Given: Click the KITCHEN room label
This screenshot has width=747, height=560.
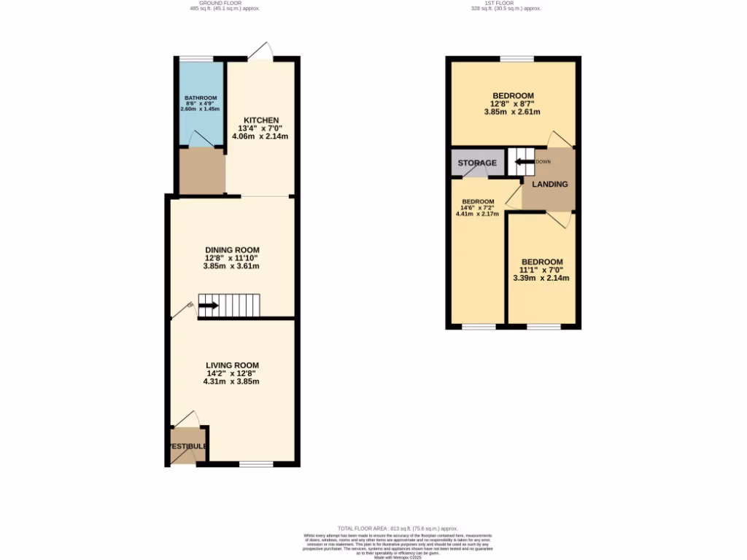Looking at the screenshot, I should point(260,120).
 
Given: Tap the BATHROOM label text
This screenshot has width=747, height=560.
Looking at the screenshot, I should point(201,98).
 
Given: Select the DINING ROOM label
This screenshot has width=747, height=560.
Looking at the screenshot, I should point(232,249).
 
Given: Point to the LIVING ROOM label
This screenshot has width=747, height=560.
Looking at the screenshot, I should point(232,365).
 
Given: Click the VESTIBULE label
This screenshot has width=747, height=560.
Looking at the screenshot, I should point(188,446).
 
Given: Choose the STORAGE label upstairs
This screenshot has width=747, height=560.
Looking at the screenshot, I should point(477,163).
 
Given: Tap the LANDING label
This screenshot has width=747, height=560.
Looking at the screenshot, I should point(549,184).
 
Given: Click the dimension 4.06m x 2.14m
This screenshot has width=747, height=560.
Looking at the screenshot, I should point(260,136).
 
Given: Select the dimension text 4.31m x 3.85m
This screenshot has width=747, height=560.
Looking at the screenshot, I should point(232,381).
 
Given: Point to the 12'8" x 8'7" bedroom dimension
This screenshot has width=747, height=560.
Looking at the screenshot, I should point(512,104).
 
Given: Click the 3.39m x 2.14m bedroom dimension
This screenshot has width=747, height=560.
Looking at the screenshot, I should point(541,278).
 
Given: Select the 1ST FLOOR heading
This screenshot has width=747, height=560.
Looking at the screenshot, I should point(506,3).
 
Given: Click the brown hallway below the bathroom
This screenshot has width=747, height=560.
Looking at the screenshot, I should point(201,173).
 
